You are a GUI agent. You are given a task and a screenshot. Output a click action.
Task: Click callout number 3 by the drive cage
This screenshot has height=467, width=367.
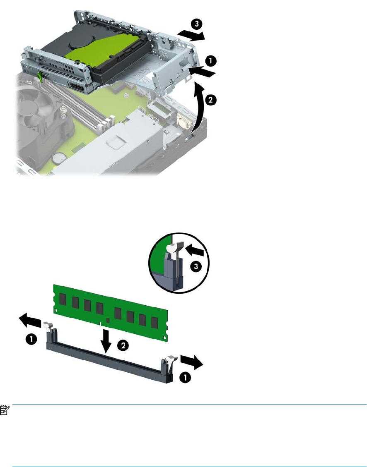[197, 24]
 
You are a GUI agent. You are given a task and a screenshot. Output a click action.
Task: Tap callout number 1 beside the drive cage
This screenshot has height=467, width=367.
[210, 61]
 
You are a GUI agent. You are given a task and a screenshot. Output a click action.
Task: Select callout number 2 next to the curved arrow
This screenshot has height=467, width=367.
[210, 100]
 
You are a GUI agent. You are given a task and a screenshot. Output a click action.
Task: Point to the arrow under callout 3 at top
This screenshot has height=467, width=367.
[191, 36]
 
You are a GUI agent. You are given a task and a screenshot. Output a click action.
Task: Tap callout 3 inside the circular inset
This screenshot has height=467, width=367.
[196, 266]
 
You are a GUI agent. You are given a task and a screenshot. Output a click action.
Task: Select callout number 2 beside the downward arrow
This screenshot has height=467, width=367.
[123, 345]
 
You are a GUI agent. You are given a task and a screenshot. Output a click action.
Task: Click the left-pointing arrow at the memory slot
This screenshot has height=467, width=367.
[30, 320]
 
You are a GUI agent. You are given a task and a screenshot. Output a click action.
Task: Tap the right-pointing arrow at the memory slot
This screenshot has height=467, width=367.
[192, 362]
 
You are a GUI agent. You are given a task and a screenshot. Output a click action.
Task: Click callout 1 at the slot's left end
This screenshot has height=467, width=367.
[31, 340]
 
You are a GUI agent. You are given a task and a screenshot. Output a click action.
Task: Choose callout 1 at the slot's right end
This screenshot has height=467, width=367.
[185, 378]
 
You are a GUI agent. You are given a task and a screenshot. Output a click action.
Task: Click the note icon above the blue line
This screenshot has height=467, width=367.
[4, 410]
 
